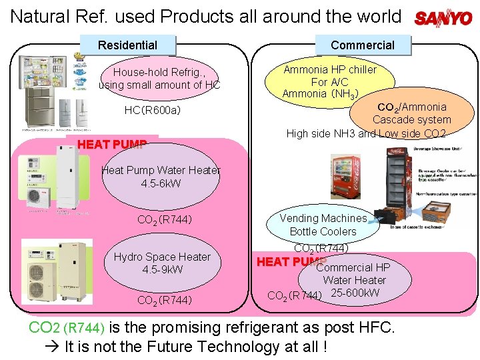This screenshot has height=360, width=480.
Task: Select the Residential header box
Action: [x=127, y=45]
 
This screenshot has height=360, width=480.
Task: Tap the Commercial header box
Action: [x=362, y=45]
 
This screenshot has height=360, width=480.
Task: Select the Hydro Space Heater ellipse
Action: [x=162, y=263]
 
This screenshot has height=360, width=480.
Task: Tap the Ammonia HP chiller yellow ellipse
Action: [x=321, y=81]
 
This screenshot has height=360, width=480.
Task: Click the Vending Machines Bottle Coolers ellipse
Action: [x=323, y=225]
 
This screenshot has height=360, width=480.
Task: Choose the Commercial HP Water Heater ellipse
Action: [x=353, y=274]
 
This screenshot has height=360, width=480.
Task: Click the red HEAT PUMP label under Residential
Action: [x=112, y=145]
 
